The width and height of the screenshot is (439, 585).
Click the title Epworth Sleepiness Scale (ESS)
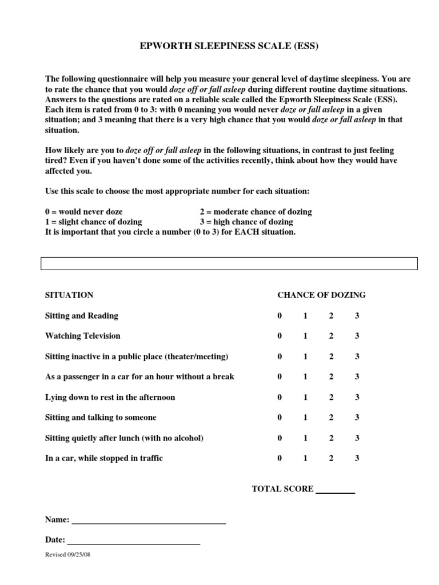pyautogui.click(x=229, y=47)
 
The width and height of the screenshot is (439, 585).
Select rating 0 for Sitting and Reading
pyautogui.click(x=280, y=316)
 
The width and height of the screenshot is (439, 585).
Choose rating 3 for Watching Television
pyautogui.click(x=357, y=336)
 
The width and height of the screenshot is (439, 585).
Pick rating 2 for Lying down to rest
pyautogui.click(x=331, y=397)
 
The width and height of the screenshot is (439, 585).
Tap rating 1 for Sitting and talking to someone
pyautogui.click(x=305, y=418)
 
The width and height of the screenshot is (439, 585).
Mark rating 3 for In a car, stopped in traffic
pyautogui.click(x=357, y=458)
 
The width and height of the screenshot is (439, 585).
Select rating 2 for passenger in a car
pyautogui.click(x=331, y=377)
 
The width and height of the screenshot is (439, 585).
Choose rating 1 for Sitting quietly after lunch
pyautogui.click(x=305, y=438)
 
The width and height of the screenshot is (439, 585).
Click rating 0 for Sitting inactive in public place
pyautogui.click(x=280, y=356)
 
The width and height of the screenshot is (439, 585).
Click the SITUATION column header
pyautogui.click(x=69, y=295)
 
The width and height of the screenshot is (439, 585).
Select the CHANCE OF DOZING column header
pyautogui.click(x=321, y=295)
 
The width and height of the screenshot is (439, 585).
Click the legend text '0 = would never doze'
pyautogui.click(x=83, y=211)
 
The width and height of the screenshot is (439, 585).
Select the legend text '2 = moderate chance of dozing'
pyautogui.click(x=256, y=211)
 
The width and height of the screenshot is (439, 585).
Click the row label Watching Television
pyautogui.click(x=83, y=336)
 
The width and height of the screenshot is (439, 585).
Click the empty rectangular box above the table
pyautogui.click(x=229, y=263)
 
